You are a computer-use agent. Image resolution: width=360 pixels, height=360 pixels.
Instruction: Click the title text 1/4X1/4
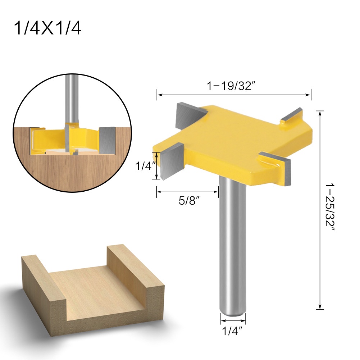47,28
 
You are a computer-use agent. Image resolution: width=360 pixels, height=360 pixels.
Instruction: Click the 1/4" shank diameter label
233,329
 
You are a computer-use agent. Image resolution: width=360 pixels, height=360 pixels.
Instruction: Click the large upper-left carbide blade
188,115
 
